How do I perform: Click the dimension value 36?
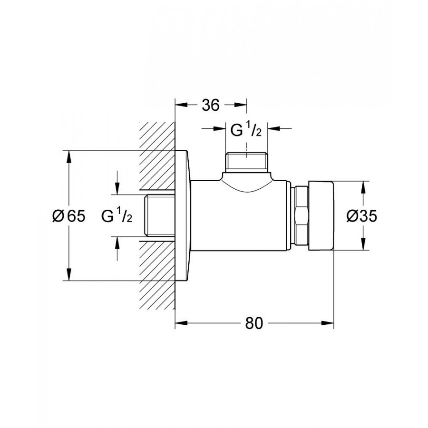[x=211, y=105]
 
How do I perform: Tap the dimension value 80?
[x=254, y=323]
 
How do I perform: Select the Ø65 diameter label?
[x=69, y=216]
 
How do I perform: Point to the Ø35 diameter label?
[x=362, y=216]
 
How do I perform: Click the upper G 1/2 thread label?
[x=246, y=130]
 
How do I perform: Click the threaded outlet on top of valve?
[x=246, y=163]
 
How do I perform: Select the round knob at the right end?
[x=321, y=215]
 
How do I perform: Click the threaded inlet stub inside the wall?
[x=160, y=215]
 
